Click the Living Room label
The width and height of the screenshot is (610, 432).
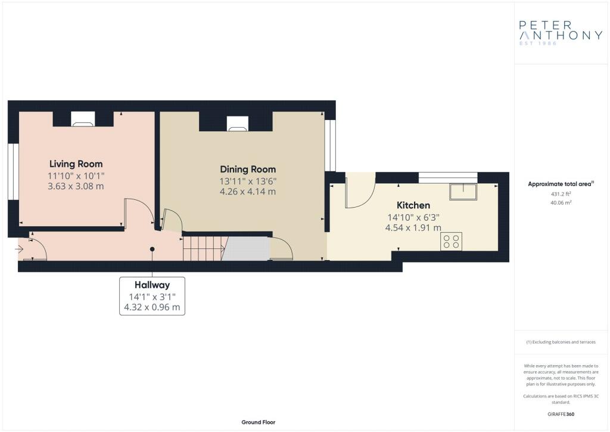[x=76, y=164]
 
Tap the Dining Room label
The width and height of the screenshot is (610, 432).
[x=248, y=169]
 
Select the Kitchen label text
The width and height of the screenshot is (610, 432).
[x=413, y=205]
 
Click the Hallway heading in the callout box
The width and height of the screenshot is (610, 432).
[x=152, y=285]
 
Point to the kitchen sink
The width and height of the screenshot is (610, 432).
[x=463, y=192]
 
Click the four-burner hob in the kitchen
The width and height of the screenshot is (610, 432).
[x=452, y=241]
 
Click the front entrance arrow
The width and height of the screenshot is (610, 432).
[x=20, y=249]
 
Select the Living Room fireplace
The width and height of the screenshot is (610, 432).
[x=83, y=119]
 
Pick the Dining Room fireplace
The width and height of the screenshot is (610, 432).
[x=238, y=124]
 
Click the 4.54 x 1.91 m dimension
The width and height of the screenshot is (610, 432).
[x=413, y=228]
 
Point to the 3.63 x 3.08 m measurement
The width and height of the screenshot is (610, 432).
[x=76, y=186]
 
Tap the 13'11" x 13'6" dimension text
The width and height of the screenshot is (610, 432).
[x=248, y=181]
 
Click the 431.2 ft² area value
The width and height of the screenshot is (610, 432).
[x=561, y=193]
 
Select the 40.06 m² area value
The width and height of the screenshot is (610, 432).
[x=561, y=202]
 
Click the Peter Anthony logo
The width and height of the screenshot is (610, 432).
[x=561, y=33]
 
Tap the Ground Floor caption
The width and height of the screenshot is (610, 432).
[x=259, y=422]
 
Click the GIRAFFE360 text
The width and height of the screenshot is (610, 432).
[x=561, y=414]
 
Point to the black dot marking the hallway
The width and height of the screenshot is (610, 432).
[x=152, y=249]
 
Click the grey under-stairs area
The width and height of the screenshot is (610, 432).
[x=246, y=249]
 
